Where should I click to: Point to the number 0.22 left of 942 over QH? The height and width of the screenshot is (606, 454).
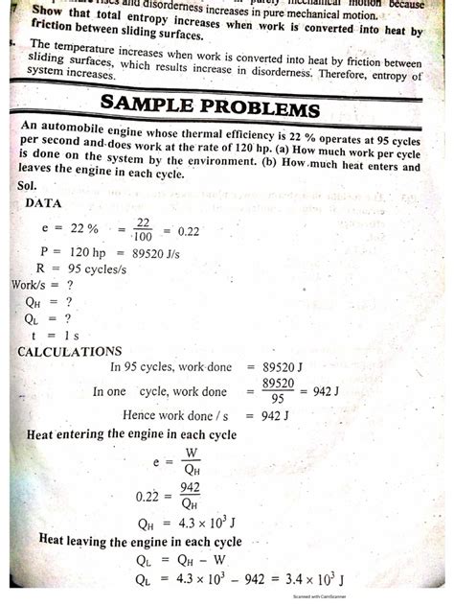click(x=145, y=497)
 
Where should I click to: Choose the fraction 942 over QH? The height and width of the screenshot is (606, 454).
click(x=189, y=496)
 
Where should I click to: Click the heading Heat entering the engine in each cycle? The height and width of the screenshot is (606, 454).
click(x=131, y=434)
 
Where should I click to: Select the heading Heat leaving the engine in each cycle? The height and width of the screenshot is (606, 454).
click(x=140, y=541)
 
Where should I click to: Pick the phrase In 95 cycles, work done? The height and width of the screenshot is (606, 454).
click(x=169, y=366)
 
